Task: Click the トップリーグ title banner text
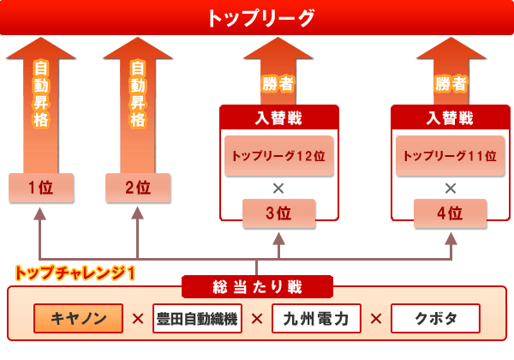[261, 18]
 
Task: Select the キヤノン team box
[78, 318]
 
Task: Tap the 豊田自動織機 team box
[197, 318]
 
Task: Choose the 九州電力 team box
[316, 318]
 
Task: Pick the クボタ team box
[435, 318]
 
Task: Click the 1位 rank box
[41, 188]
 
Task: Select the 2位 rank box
[138, 188]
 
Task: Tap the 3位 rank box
[278, 213]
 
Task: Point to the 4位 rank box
[450, 213]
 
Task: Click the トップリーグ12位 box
[279, 156]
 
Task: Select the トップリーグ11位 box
[451, 156]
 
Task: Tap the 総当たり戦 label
[257, 287]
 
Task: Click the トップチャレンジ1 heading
[75, 273]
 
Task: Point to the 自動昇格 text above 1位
[41, 93]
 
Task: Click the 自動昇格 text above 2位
[138, 93]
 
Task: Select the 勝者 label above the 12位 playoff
[278, 84]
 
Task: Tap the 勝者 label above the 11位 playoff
[451, 84]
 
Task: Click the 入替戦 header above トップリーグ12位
[278, 118]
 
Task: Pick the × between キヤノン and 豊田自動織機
[138, 319]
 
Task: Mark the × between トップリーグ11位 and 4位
[451, 189]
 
